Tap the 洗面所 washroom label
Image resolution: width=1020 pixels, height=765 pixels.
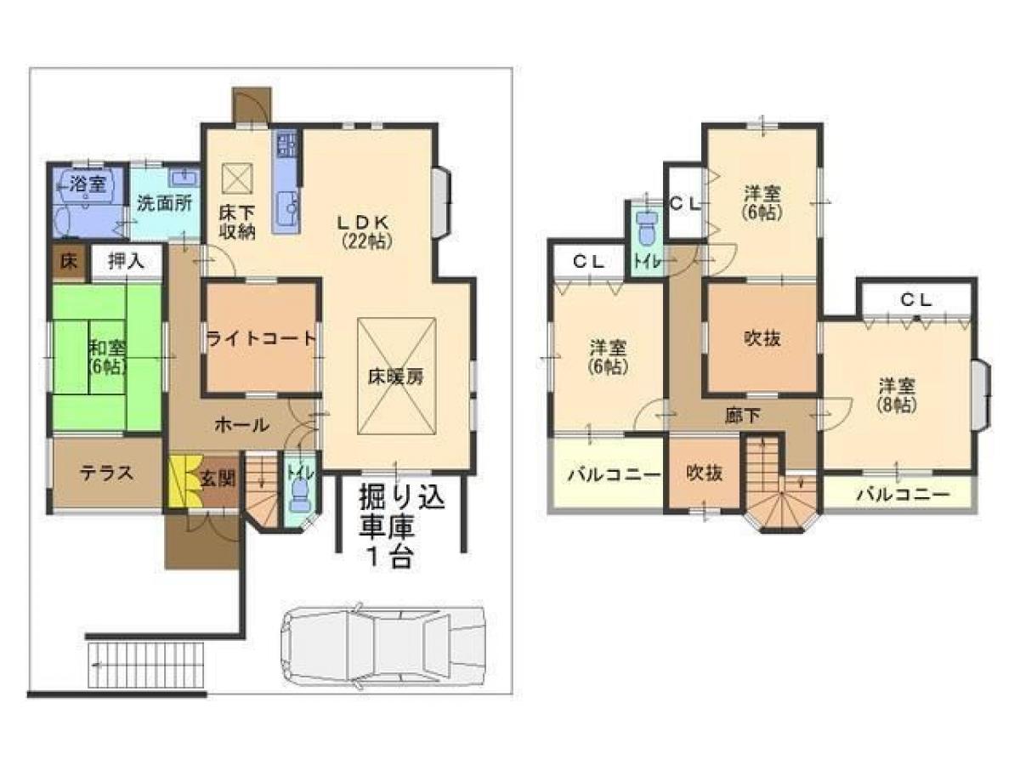pyautogui.click(x=165, y=203)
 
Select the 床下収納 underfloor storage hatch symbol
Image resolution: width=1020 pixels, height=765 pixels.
pyautogui.click(x=234, y=179)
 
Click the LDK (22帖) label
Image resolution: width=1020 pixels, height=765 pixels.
pyautogui.click(x=366, y=230)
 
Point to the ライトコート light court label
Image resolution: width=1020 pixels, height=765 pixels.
pyautogui.click(x=262, y=338)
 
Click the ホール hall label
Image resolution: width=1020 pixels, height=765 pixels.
pyautogui.click(x=241, y=424)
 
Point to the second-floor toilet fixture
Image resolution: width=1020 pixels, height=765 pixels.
pyautogui.click(x=647, y=227)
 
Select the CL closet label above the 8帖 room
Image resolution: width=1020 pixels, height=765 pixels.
pyautogui.click(x=916, y=299)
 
